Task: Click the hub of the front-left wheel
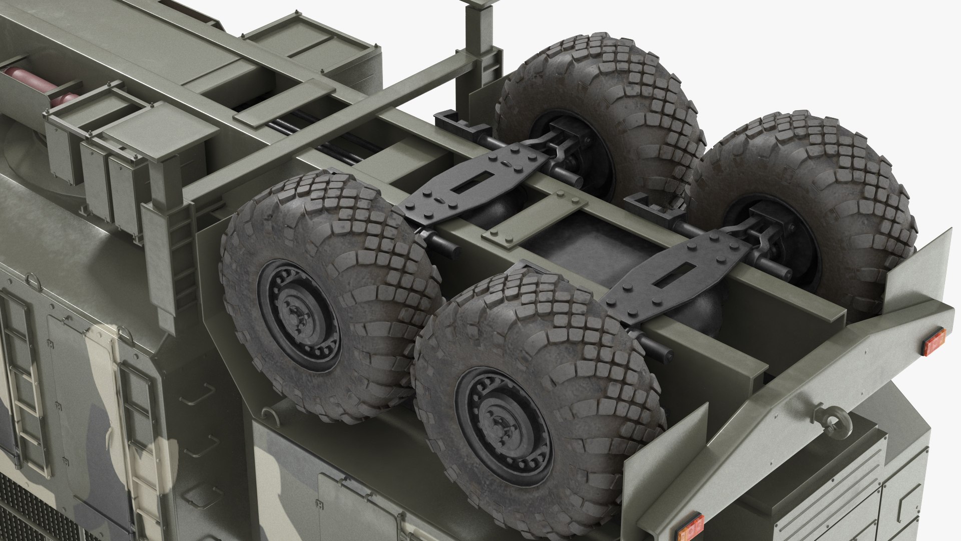pyautogui.click(x=299, y=316)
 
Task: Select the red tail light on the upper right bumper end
pyautogui.click(x=934, y=342)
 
